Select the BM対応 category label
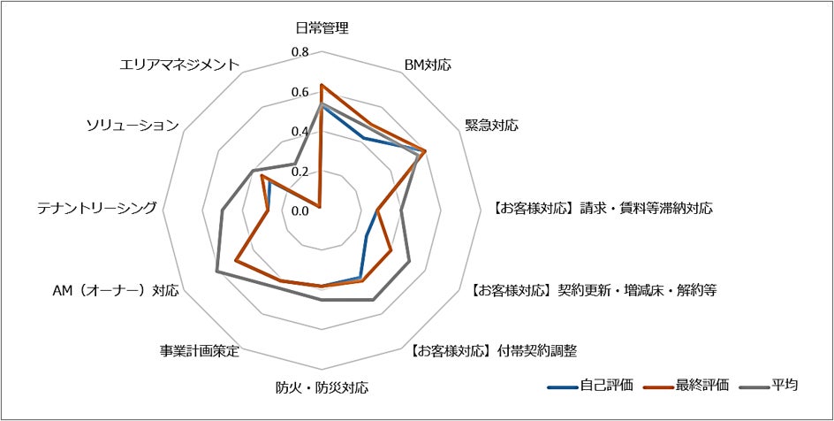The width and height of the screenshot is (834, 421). point(428,65)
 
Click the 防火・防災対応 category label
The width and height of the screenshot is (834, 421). point(322,387)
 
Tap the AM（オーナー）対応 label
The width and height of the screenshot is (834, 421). point(117,290)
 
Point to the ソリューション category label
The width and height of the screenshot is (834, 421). point(133,126)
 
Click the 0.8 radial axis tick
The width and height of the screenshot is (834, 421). point(299,52)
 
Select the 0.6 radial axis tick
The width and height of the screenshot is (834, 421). point(299,92)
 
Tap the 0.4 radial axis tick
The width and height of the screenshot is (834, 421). point(299,132)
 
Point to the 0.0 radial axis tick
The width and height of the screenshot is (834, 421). point(299,210)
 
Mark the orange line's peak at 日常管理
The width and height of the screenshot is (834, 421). point(321,85)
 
